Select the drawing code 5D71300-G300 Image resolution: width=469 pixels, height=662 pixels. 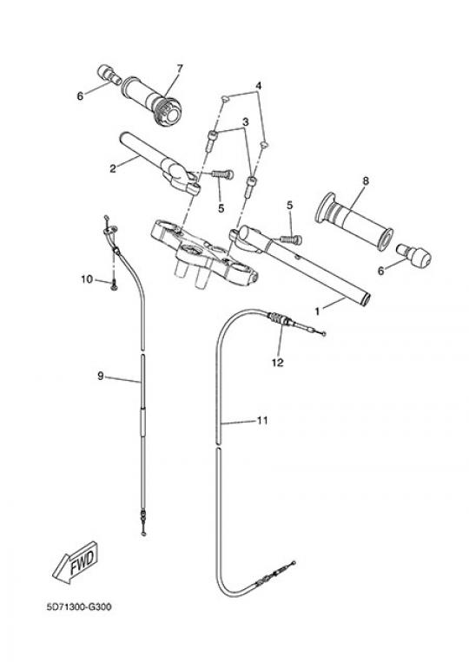(79, 607)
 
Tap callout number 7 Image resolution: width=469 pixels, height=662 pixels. (180, 68)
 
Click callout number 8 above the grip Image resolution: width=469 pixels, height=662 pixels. (366, 180)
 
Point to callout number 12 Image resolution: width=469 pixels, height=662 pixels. (278, 363)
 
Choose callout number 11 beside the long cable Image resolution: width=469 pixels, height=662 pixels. (263, 421)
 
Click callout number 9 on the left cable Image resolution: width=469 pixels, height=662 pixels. (101, 376)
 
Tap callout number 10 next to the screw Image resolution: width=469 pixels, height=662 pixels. (87, 279)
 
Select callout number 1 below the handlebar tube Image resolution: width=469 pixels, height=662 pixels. (317, 311)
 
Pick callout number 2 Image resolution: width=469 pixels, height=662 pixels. (112, 169)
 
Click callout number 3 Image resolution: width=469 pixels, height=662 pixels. (245, 122)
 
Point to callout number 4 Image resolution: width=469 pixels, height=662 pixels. (259, 86)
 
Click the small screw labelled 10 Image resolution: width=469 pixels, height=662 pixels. (113, 285)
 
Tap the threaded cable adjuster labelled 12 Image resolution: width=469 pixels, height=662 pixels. (280, 319)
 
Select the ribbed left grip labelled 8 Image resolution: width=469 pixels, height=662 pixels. (355, 221)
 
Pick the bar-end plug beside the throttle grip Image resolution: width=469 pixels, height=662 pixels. (109, 74)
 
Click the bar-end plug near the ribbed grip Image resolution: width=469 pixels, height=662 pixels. (413, 253)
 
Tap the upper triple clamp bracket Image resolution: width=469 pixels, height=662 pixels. (204, 253)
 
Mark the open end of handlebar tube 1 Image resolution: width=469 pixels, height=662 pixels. (364, 298)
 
